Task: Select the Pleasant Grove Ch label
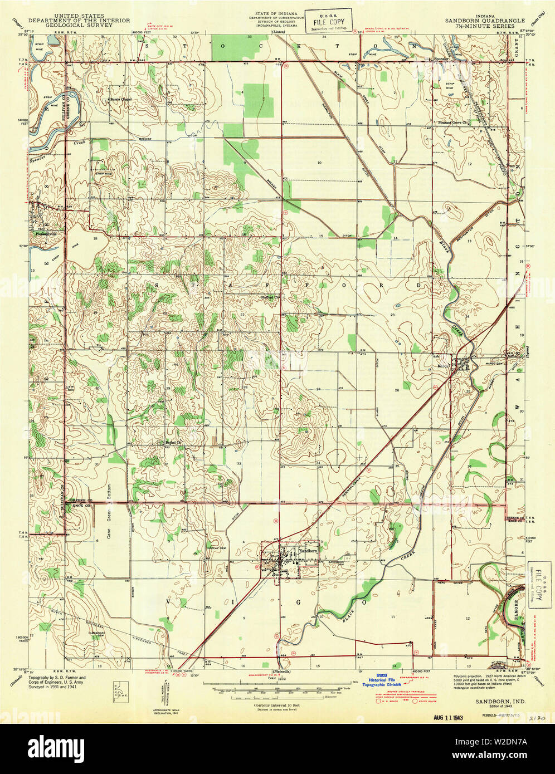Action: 451,123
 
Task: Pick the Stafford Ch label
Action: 270,297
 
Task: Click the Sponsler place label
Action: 442,58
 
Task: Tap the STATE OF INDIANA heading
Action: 276,12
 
